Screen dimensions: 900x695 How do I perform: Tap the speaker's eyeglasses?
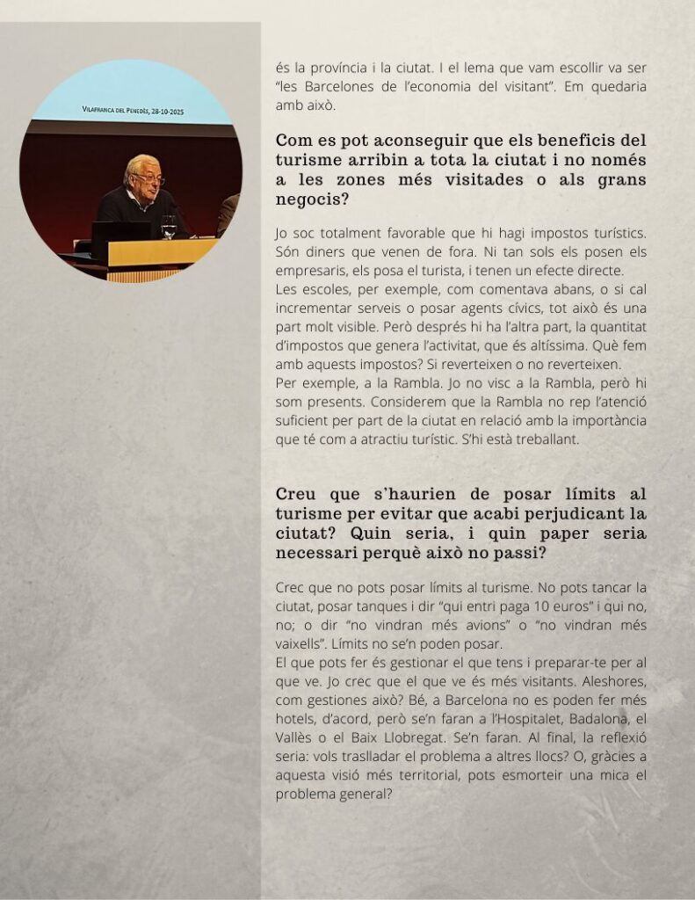tap(149, 178)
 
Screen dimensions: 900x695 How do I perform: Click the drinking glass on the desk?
tap(169, 227)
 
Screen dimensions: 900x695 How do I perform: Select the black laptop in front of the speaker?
tap(121, 231)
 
